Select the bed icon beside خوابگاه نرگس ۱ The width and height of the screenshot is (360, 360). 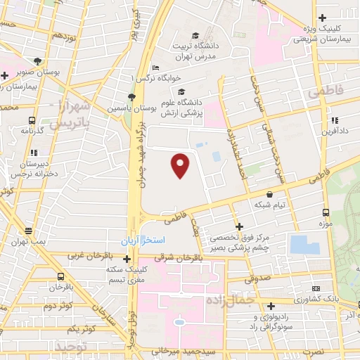pos(155,67)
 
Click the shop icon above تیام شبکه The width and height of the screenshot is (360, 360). pos(270,193)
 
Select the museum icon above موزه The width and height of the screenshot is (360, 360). pos(325,212)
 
